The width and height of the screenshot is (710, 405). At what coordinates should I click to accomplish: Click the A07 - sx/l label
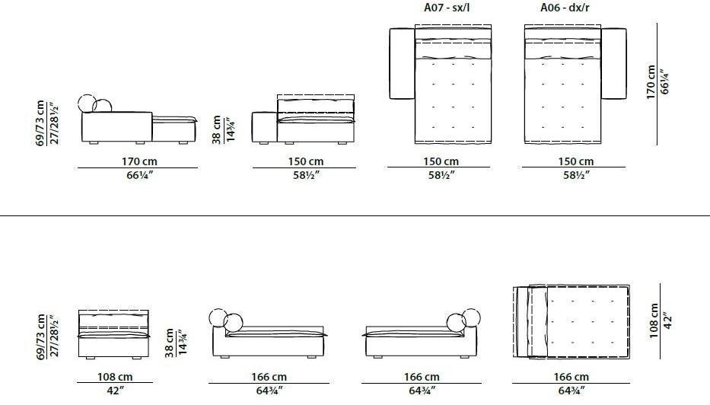pyautogui.click(x=447, y=8)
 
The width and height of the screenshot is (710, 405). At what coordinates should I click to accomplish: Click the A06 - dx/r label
pyautogui.click(x=565, y=8)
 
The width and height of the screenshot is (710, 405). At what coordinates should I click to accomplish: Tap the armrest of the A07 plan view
pyautogui.click(x=402, y=63)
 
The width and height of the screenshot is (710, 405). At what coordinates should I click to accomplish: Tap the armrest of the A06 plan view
pyautogui.click(x=613, y=63)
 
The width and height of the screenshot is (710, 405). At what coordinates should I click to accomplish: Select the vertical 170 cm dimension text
pyautogui.click(x=651, y=81)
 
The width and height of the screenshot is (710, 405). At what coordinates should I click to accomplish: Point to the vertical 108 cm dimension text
pyautogui.click(x=654, y=320)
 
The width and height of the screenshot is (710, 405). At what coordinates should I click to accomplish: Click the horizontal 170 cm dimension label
pyautogui.click(x=139, y=161)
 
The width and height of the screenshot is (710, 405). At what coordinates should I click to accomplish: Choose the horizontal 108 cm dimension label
pyautogui.click(x=115, y=377)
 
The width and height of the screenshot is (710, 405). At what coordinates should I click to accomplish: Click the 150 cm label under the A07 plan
pyautogui.click(x=441, y=161)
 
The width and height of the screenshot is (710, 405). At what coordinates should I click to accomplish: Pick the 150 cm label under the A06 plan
pyautogui.click(x=575, y=161)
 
